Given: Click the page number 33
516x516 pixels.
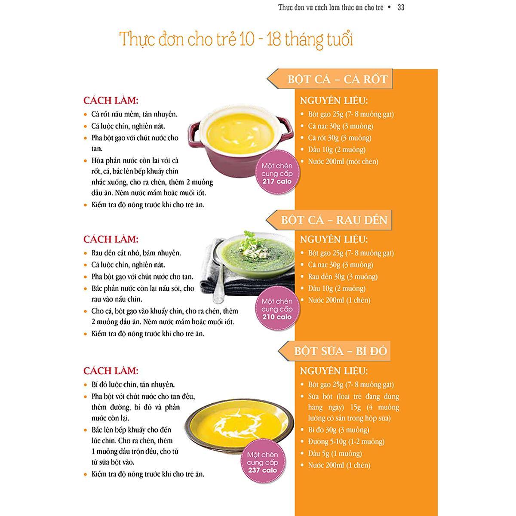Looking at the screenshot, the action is coord(401,7).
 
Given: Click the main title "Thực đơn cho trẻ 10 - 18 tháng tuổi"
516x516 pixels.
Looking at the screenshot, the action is coord(236,40).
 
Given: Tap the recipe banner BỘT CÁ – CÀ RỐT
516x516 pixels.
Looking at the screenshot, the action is coord(330,79).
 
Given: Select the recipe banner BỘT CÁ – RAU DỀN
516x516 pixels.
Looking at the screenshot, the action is coord(329,220).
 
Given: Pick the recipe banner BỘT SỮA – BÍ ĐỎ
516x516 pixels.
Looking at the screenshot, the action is coord(334,351).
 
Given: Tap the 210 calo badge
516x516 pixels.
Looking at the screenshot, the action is coord(277,308).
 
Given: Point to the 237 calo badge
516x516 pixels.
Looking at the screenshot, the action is coord(262,462).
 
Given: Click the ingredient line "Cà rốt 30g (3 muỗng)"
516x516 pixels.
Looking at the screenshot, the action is coord(340,138).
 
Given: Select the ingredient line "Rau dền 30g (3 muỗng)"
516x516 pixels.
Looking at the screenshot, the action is coord(343,276).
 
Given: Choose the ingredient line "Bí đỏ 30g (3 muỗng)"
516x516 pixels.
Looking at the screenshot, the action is coord(338,430).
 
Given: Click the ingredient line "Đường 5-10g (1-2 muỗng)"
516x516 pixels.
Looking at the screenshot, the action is coord(346,442).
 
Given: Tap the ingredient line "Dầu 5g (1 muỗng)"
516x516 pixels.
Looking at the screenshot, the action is coord(335,453).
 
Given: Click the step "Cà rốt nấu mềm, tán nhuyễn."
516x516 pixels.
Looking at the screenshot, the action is coord(135,114).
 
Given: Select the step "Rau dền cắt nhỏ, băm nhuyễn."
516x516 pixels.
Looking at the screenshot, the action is coord(136,253).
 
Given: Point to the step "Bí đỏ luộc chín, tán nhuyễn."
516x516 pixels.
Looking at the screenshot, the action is coord(133,385).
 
